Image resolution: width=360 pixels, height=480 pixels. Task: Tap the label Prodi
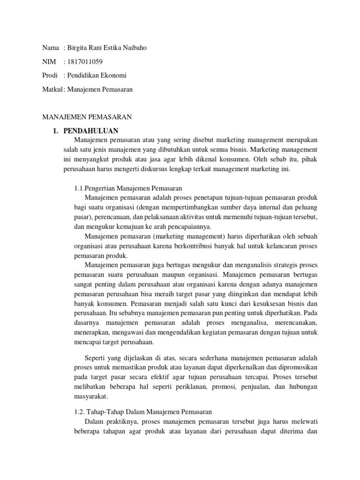(50, 75)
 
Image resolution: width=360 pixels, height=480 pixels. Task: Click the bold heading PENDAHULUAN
(91, 130)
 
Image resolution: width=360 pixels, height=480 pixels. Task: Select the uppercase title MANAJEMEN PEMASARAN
(87, 117)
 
